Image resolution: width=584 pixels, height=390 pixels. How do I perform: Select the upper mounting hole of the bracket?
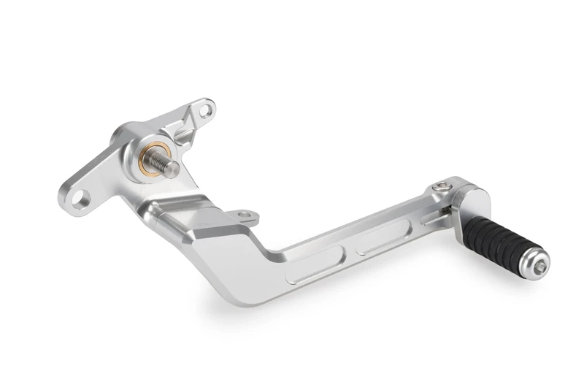pos(206,110)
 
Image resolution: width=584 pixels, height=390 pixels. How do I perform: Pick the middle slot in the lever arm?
pos(384,238)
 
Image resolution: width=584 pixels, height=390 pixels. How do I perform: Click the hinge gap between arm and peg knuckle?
pos(451,207)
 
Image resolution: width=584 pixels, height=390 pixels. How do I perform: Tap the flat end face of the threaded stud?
pos(173,168)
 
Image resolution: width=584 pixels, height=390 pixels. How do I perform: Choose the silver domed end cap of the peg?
pos(537,264)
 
